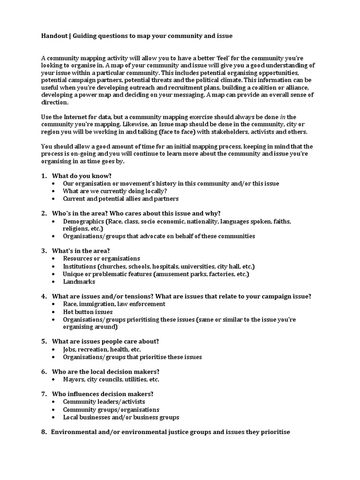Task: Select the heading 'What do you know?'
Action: coord(82,176)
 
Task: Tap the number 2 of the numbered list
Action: coord(44,213)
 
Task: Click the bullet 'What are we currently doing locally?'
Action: coord(115,191)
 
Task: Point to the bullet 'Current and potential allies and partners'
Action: coord(120,199)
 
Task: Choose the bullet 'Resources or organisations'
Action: coord(101,258)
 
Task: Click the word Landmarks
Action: coord(79,282)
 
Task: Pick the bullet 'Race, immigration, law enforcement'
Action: coord(114,304)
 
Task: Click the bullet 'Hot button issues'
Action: coord(88,312)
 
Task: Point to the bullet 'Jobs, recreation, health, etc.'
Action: coord(102,349)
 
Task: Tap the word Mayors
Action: coord(74,379)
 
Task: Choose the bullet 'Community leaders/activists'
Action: coord(104,402)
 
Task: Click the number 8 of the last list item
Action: coord(44,432)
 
